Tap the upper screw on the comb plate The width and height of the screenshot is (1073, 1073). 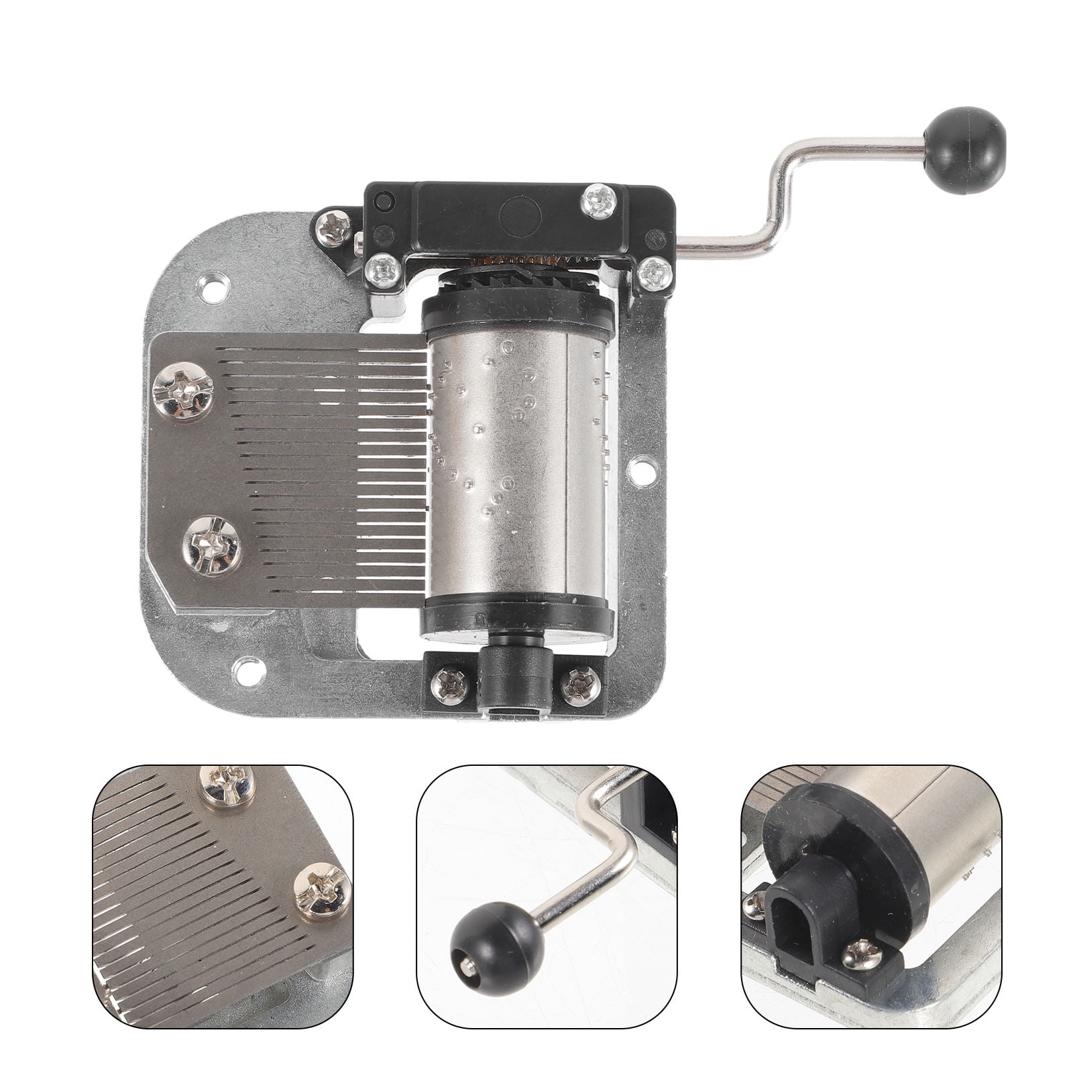183,392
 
